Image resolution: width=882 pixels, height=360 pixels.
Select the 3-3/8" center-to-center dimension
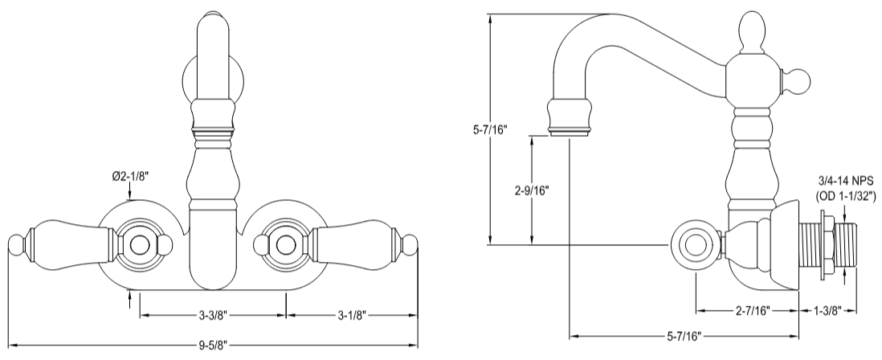(x=212, y=314)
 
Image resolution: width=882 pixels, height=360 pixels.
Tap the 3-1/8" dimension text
(x=351, y=314)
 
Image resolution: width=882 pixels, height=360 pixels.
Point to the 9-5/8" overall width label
(x=212, y=346)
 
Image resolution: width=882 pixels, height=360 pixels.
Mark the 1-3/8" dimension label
(x=827, y=309)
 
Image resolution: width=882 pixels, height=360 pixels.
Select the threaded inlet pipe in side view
(x=827, y=244)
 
